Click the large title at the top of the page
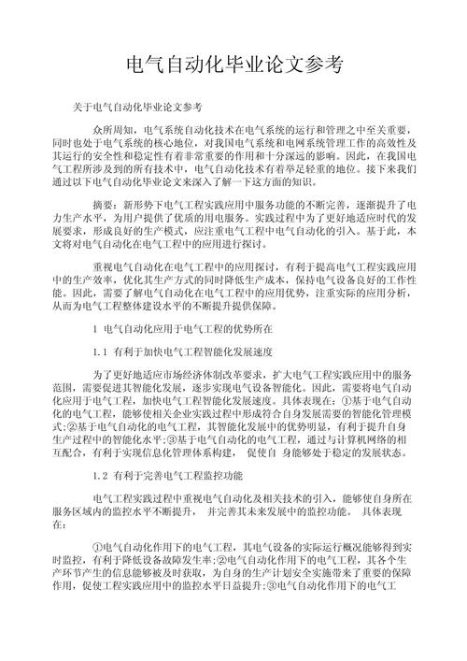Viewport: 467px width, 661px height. click(233, 66)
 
